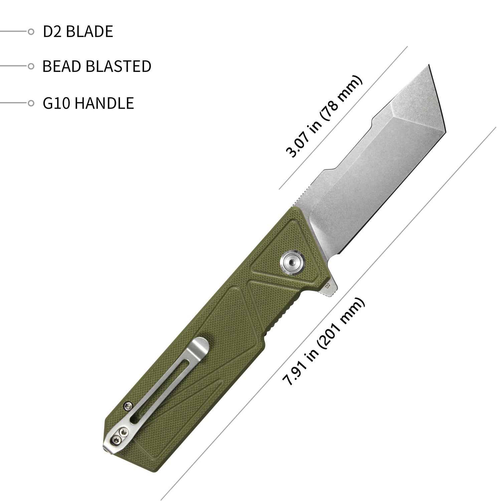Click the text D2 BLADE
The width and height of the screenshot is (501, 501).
78,32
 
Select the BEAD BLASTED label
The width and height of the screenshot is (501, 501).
97,66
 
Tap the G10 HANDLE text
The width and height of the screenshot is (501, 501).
88,103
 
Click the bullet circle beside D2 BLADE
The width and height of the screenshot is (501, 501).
31,32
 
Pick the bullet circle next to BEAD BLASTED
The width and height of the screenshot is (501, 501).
31,66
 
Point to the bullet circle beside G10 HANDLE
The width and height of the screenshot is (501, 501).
31,103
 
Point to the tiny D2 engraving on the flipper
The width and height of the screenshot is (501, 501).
328,286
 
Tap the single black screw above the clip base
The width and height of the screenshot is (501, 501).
127,405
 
